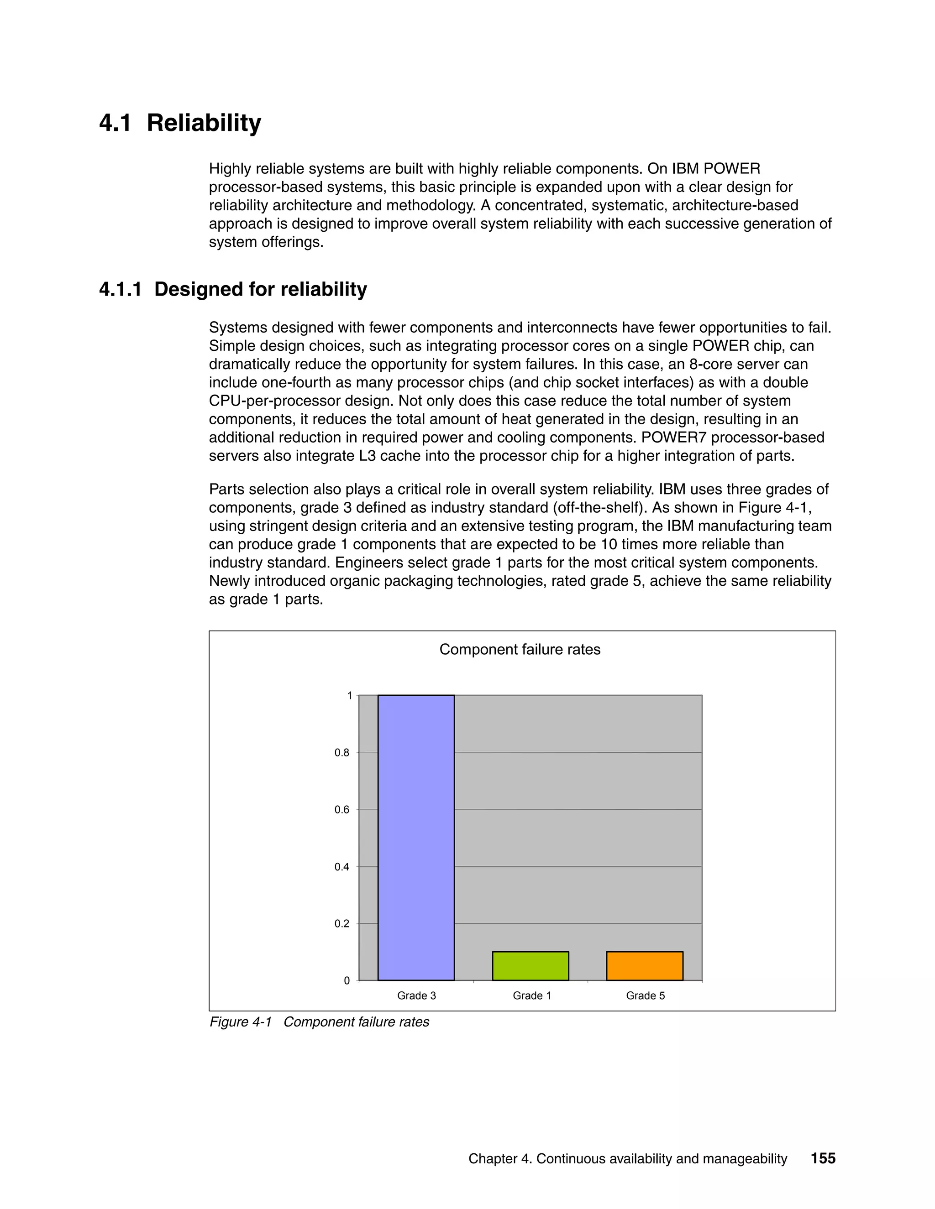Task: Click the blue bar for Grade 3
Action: pyautogui.click(x=416, y=837)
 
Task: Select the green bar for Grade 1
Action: pyautogui.click(x=530, y=965)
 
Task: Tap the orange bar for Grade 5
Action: pyautogui.click(x=644, y=965)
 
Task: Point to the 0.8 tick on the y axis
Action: pyautogui.click(x=342, y=752)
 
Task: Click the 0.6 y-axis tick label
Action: pyautogui.click(x=342, y=809)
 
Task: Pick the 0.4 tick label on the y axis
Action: pyautogui.click(x=342, y=867)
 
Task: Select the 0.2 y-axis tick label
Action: pyautogui.click(x=342, y=923)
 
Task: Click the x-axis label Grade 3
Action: pyautogui.click(x=416, y=995)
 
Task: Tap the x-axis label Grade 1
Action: pyautogui.click(x=532, y=995)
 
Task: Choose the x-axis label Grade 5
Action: pyautogui.click(x=645, y=995)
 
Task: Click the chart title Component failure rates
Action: pyautogui.click(x=520, y=649)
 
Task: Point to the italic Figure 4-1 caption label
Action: pyautogui.click(x=241, y=1022)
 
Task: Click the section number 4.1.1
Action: pyautogui.click(x=120, y=290)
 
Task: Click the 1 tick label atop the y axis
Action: pyautogui.click(x=350, y=696)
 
